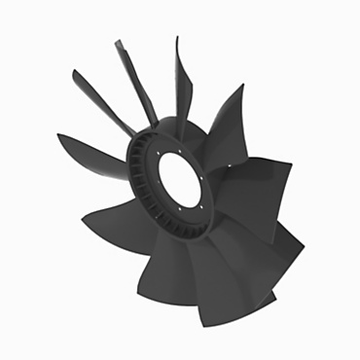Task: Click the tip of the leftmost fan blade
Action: (x=59, y=136)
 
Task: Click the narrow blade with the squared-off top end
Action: (x=131, y=78)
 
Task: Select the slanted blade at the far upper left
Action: (x=97, y=97)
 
